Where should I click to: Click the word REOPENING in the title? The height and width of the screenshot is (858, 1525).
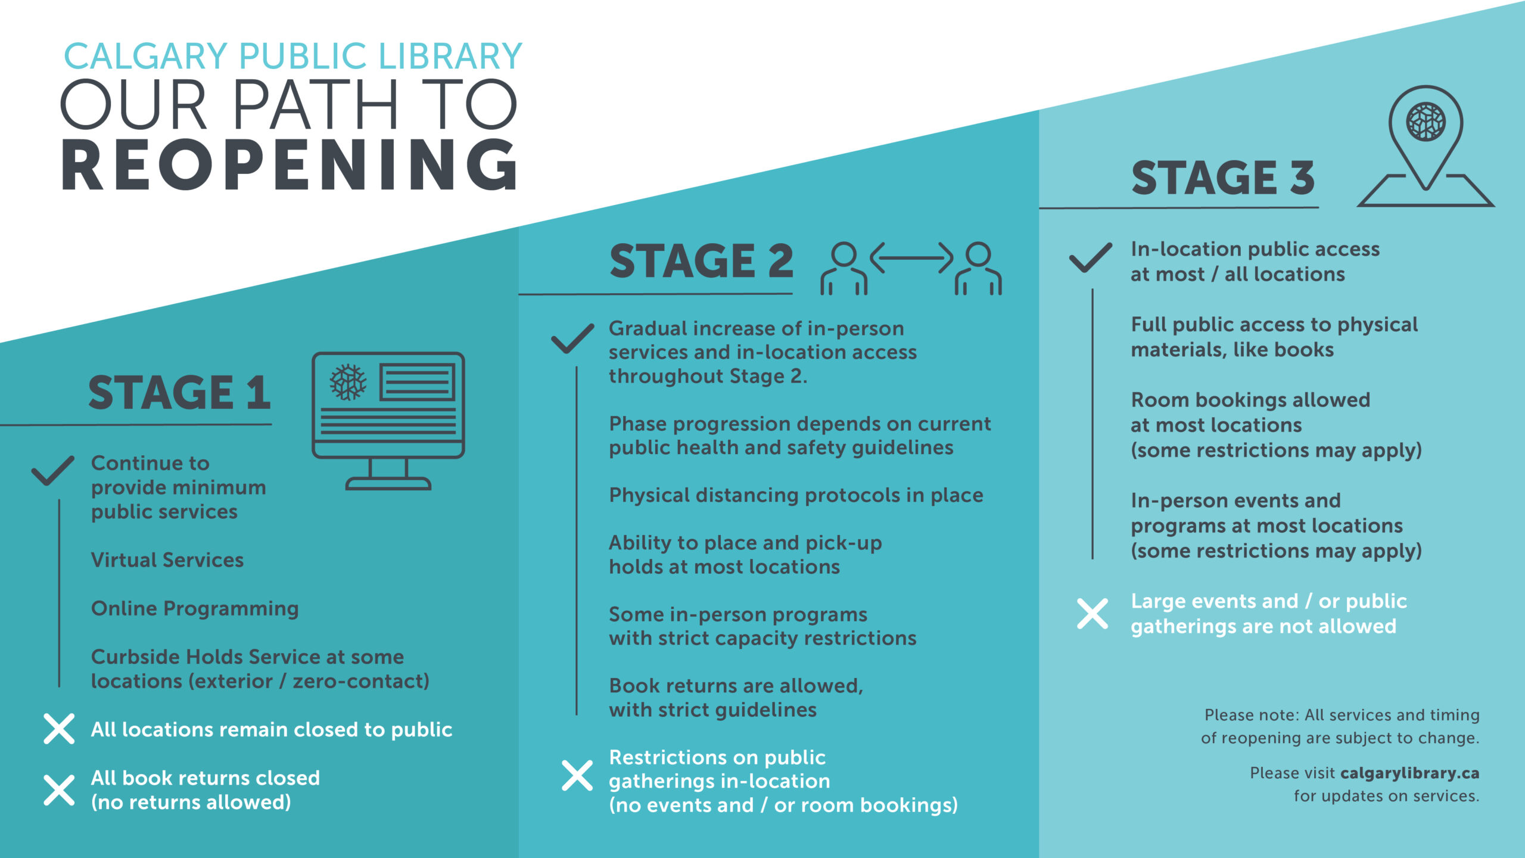tap(290, 165)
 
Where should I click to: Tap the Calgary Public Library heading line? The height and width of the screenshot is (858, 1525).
tap(293, 56)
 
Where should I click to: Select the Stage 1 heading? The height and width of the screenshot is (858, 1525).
tap(179, 393)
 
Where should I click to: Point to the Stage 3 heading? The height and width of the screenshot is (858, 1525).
tap(1222, 178)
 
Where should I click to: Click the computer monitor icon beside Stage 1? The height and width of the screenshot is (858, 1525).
tap(388, 421)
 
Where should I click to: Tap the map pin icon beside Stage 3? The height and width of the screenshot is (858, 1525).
tap(1426, 146)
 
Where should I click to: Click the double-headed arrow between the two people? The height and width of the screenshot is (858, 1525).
tap(911, 258)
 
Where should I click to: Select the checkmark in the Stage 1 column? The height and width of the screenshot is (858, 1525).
tap(53, 471)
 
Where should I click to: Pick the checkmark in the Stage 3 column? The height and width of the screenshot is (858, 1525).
tap(1091, 257)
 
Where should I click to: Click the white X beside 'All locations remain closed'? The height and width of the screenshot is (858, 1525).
tap(59, 729)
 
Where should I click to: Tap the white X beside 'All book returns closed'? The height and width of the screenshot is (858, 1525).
tap(59, 791)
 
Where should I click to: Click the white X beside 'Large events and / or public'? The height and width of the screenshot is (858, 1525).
tap(1093, 614)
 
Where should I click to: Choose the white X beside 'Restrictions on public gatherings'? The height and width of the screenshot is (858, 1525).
tap(577, 776)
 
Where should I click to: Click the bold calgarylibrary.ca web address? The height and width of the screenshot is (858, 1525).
tap(1410, 773)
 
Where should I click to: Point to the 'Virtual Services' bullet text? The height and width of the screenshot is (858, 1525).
tap(167, 560)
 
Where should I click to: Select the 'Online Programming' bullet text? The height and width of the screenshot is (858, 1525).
tap(195, 609)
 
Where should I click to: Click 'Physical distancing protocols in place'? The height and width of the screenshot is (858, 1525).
tap(796, 496)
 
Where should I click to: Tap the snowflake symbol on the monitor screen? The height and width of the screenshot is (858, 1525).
tap(348, 382)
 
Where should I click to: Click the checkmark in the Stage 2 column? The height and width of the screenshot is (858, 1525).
tap(572, 338)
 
